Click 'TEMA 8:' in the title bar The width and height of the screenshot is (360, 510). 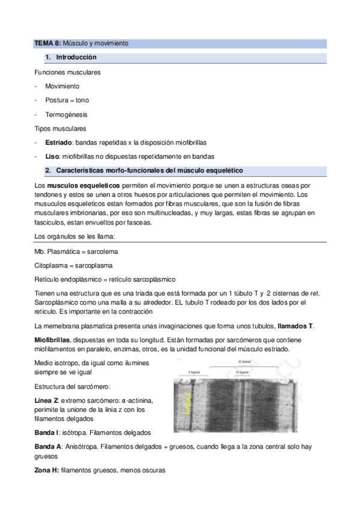47,44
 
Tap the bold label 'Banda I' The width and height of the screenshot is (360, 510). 49,433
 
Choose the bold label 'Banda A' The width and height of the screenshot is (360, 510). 49,447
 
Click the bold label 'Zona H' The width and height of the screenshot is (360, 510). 46,470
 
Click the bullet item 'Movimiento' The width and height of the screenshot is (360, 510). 62,86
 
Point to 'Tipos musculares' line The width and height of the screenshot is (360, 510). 60,129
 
